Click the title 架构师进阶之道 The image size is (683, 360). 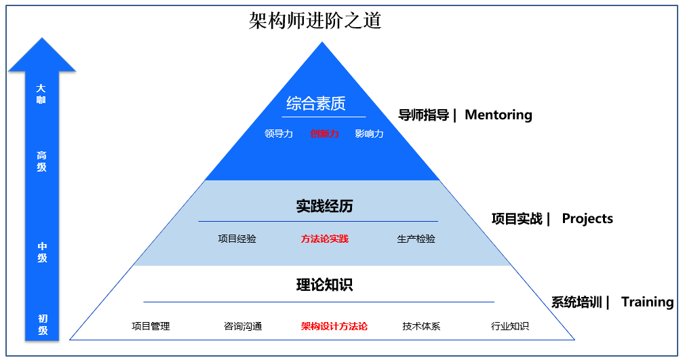pyautogui.click(x=315, y=20)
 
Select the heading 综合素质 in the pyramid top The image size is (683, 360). pyautogui.click(x=315, y=104)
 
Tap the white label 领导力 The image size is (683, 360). pyautogui.click(x=279, y=134)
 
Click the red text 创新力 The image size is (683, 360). pyautogui.click(x=324, y=134)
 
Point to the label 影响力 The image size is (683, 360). pyautogui.click(x=369, y=134)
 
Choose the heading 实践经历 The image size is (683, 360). pyautogui.click(x=324, y=206)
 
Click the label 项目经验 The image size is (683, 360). pyautogui.click(x=237, y=239)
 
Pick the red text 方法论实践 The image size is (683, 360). pyautogui.click(x=324, y=239)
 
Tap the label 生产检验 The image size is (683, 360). pyautogui.click(x=416, y=239)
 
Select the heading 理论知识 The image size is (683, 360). pyautogui.click(x=324, y=285)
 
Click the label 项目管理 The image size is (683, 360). pyautogui.click(x=151, y=326)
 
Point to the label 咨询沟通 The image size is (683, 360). pyautogui.click(x=243, y=326)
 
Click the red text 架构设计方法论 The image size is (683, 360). pyautogui.click(x=334, y=326)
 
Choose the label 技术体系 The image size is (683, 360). pyautogui.click(x=421, y=326)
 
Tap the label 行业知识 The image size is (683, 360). pyautogui.click(x=510, y=326)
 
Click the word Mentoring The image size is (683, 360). pyautogui.click(x=498, y=115)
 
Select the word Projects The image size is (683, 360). pyautogui.click(x=587, y=218)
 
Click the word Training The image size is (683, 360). pyautogui.click(x=647, y=302)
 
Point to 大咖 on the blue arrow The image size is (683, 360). pyautogui.click(x=41, y=94)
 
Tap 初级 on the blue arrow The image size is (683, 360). pyautogui.click(x=42, y=325)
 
